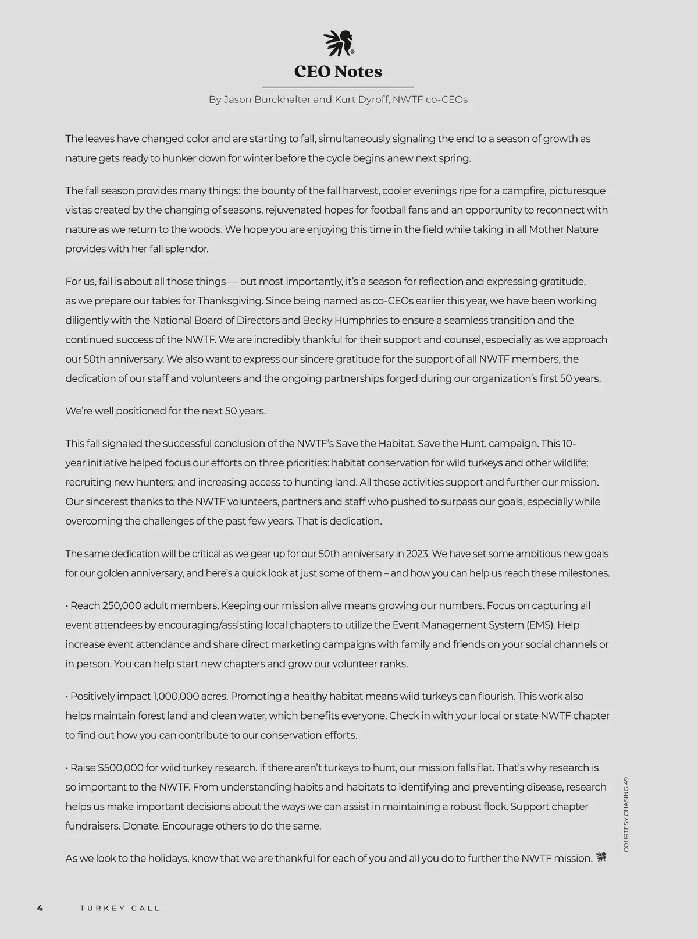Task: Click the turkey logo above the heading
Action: (x=339, y=44)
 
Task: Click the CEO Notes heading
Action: (x=338, y=72)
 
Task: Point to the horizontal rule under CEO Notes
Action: (x=338, y=87)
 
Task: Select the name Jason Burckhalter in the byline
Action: (x=266, y=100)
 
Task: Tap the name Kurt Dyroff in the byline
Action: (x=360, y=100)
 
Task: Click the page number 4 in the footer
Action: (x=40, y=908)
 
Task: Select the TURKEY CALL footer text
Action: (x=120, y=908)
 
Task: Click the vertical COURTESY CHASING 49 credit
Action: (x=626, y=814)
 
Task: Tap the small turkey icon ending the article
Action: (x=601, y=857)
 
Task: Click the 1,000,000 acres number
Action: (x=176, y=696)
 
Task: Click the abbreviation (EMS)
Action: (x=540, y=625)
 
